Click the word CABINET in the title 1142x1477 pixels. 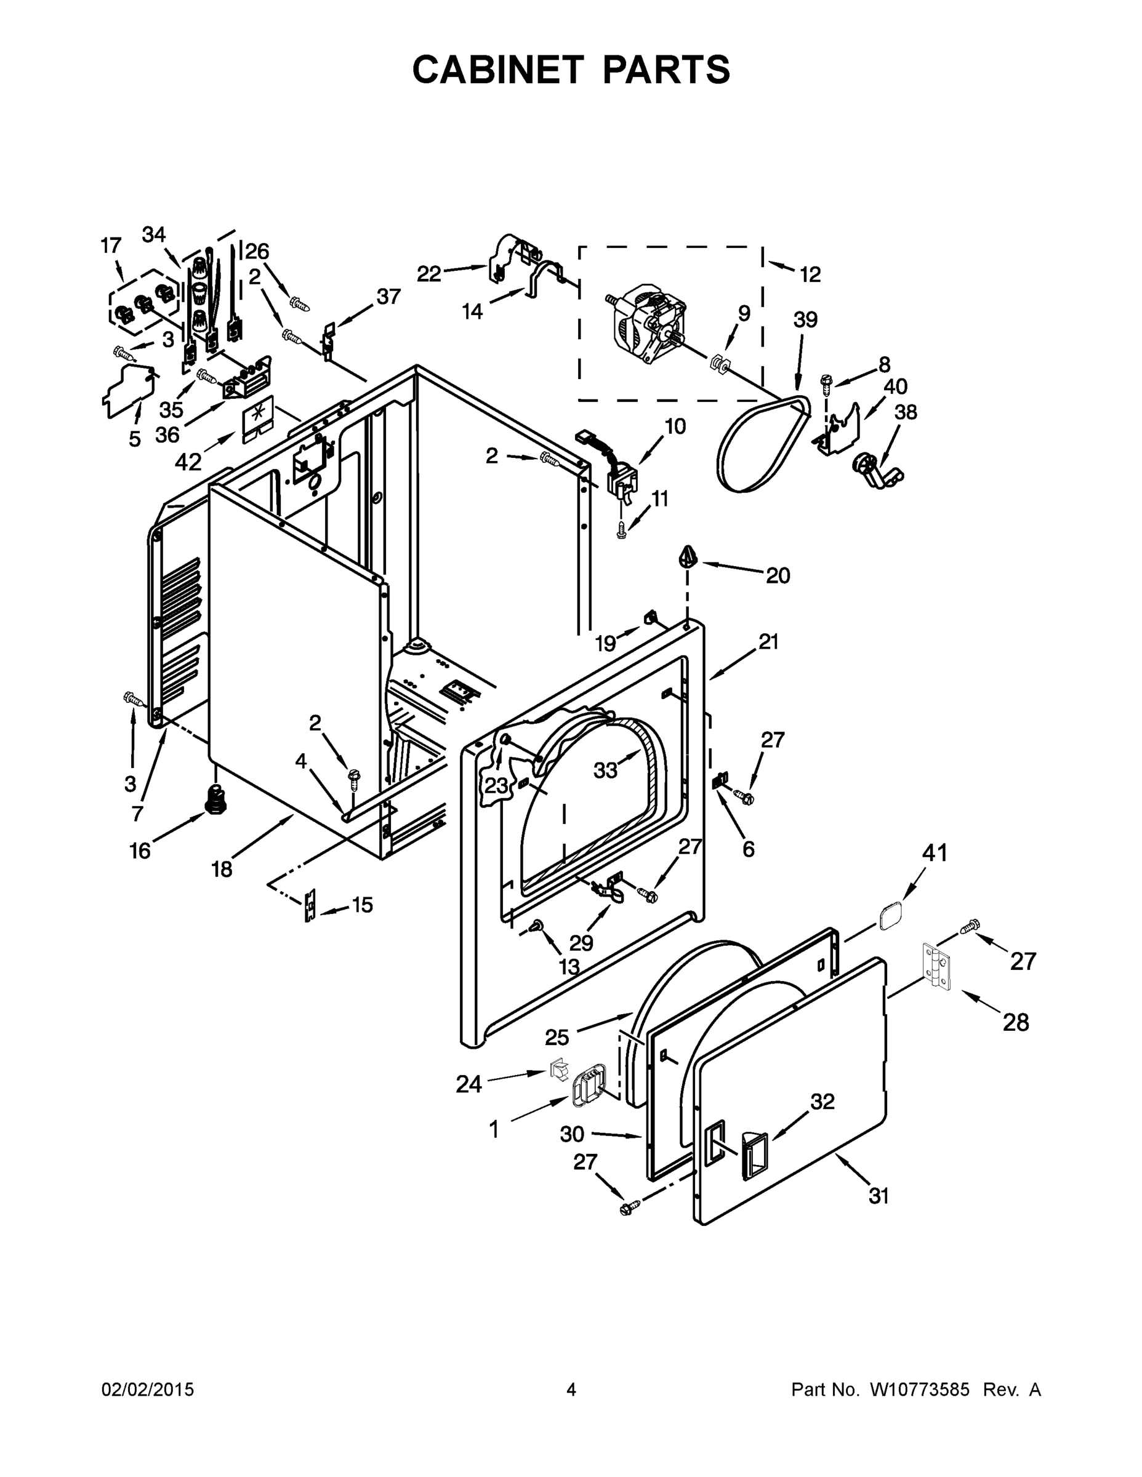coord(497,70)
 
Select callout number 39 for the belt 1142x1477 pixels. coord(805,320)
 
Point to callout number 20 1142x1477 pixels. coord(778,575)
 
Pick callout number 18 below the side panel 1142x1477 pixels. coord(222,869)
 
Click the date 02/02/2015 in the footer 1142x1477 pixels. coord(148,1390)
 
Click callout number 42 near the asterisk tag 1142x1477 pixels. coord(188,462)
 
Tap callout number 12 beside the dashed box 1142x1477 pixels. coord(810,274)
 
